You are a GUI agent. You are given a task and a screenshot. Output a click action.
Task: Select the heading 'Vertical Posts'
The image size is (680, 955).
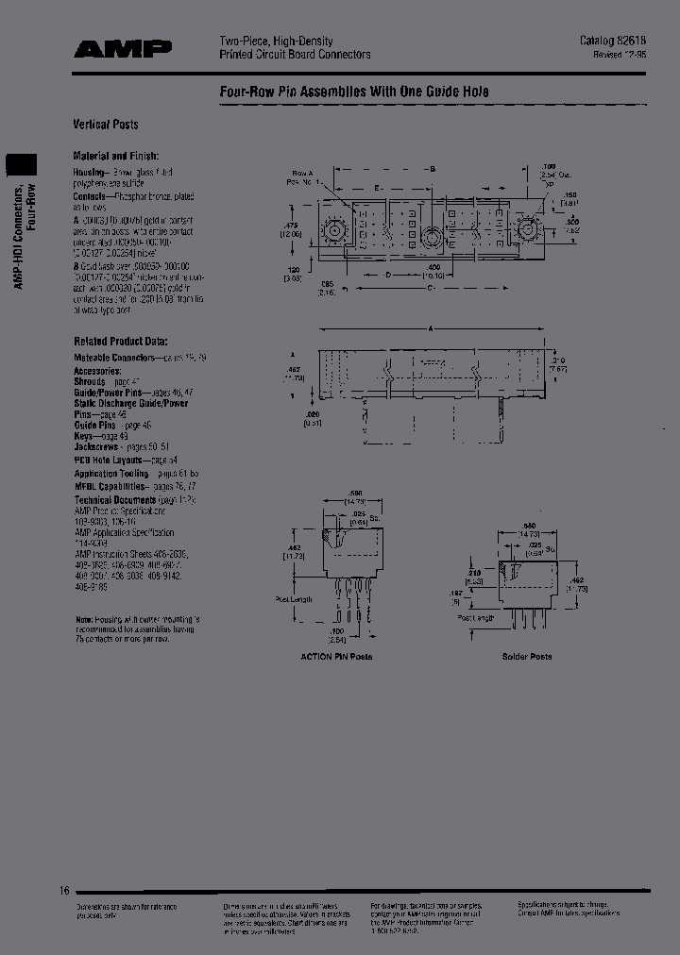[106, 125]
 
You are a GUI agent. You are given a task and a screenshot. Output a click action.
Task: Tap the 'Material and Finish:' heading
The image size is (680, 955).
[116, 156]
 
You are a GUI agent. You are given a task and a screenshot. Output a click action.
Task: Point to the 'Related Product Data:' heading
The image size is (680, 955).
[120, 342]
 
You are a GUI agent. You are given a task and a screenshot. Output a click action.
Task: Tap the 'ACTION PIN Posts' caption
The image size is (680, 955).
[336, 656]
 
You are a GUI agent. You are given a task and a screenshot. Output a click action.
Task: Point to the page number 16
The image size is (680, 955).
[64, 890]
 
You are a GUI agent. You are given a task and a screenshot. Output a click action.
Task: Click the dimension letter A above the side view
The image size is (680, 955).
[432, 329]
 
